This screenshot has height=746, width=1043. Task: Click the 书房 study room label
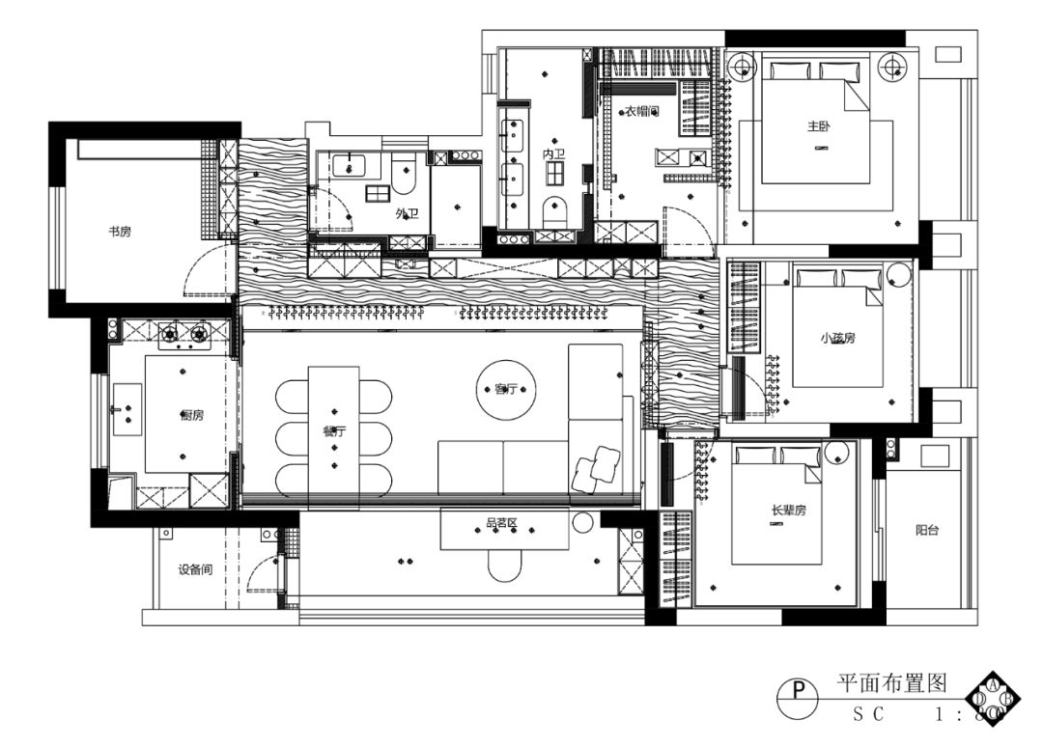[x=119, y=232]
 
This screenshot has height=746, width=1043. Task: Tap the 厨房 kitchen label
[x=192, y=415]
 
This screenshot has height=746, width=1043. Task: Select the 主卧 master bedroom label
[x=819, y=125]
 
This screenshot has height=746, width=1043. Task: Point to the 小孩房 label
[x=838, y=338]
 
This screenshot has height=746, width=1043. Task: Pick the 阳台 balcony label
[x=929, y=530]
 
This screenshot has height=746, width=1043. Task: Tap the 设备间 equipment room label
[x=195, y=569]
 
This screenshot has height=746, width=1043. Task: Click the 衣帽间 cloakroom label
[x=641, y=111]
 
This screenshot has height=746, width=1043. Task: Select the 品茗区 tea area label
[x=502, y=524]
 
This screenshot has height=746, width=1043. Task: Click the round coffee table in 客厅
[x=507, y=389]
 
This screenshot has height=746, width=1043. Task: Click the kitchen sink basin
[x=127, y=408]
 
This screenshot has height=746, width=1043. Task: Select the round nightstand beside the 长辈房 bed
[x=836, y=452]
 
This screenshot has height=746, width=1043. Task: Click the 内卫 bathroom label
[x=553, y=153]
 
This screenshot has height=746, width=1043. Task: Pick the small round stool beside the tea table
[x=582, y=523]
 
